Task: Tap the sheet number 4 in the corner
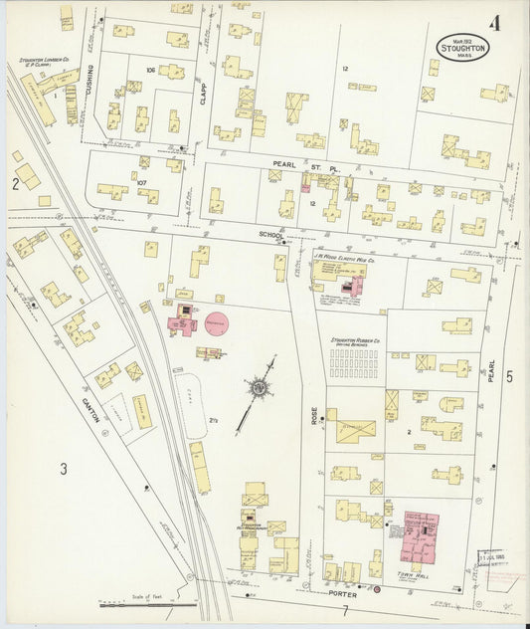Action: coord(494,22)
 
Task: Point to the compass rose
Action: coord(259,384)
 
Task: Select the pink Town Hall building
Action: coord(422,537)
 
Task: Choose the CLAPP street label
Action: coord(203,93)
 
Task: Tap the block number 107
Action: coord(141,182)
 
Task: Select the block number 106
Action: coord(151,71)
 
